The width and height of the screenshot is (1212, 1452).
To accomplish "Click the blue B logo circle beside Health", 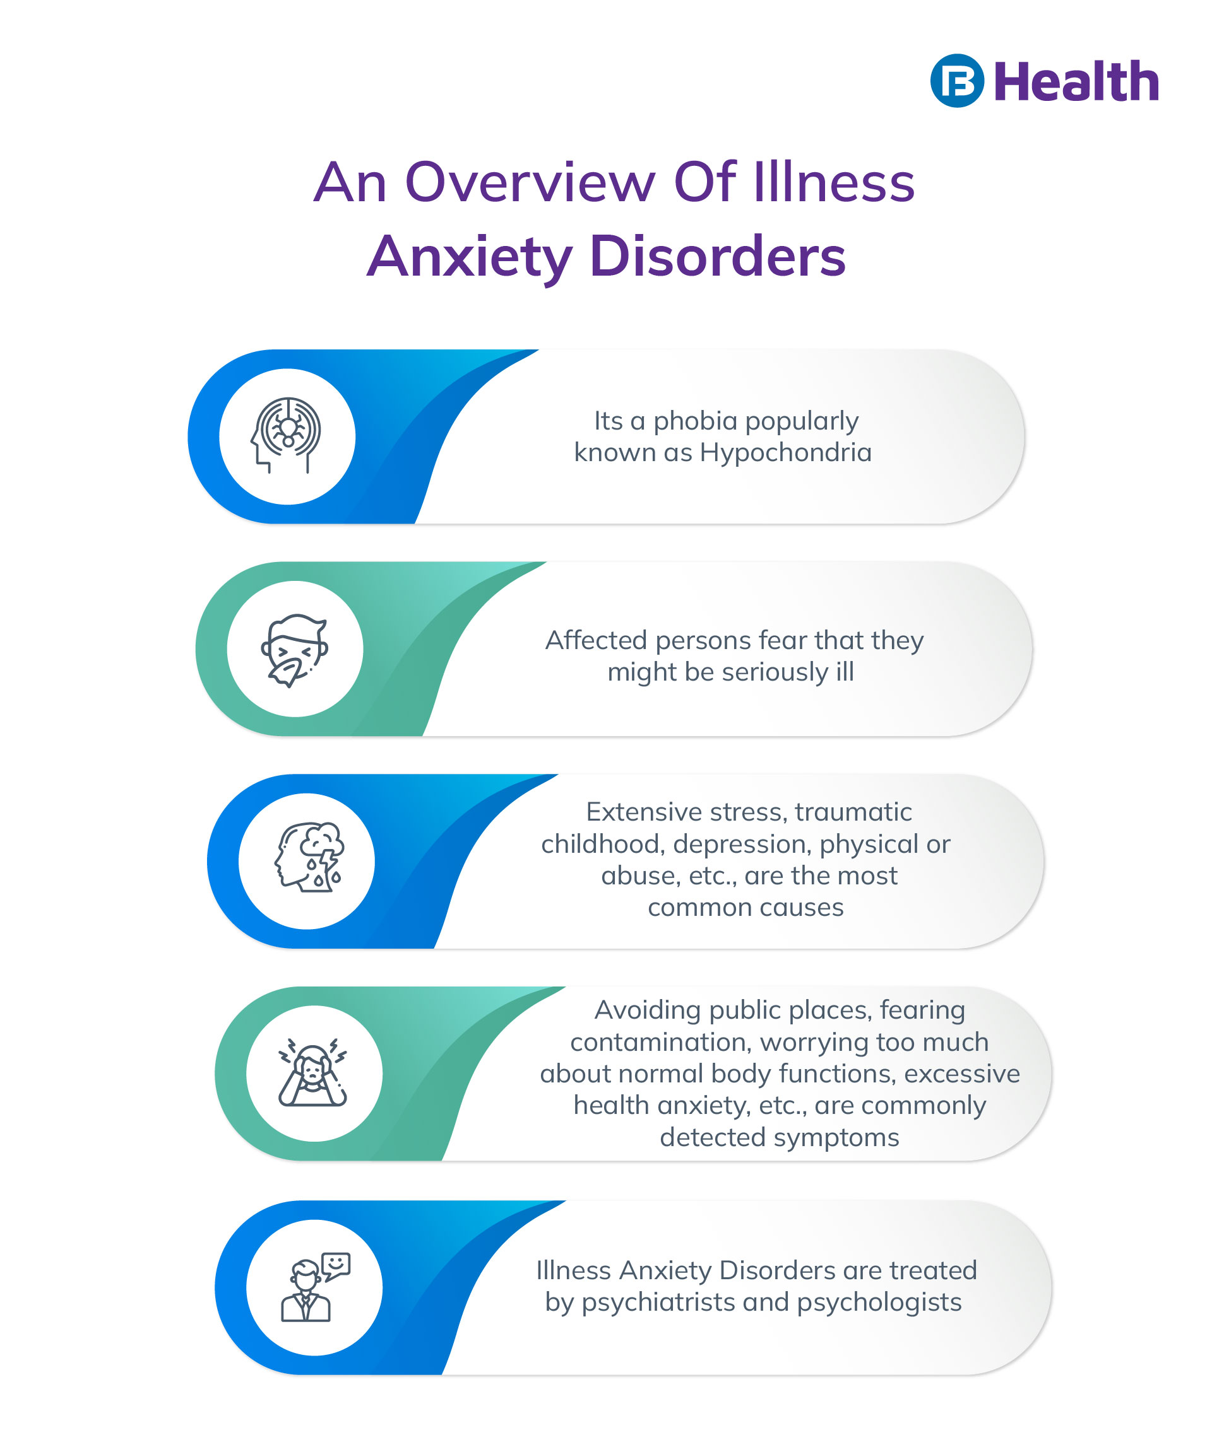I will click(x=956, y=81).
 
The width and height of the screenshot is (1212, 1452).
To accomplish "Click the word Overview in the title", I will click(x=529, y=182).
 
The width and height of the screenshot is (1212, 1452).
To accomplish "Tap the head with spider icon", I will click(x=287, y=436).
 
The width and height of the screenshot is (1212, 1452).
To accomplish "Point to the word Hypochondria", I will click(x=785, y=452).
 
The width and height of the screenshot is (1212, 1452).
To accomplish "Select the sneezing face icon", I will click(x=295, y=649).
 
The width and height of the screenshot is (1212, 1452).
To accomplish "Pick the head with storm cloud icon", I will click(x=309, y=857).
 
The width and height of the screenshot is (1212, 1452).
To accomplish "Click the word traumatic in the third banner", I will click(x=853, y=812).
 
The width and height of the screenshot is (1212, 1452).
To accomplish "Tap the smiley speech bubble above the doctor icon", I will click(x=336, y=1264).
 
